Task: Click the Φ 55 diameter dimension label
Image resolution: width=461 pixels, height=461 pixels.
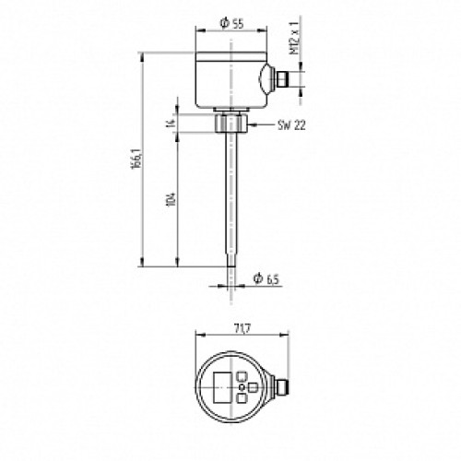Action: click(x=232, y=23)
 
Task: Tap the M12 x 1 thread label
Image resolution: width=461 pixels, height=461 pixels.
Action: click(x=294, y=39)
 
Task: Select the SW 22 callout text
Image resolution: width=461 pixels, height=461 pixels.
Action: click(x=291, y=125)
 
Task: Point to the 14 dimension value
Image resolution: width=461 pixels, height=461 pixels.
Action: click(x=171, y=124)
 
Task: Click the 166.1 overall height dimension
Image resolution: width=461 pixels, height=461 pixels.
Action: click(x=136, y=159)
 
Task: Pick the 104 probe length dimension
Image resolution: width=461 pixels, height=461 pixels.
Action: click(x=171, y=199)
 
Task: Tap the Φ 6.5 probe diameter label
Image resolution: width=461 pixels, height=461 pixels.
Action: click(x=266, y=278)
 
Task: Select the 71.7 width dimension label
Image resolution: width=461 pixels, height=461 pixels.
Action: click(x=242, y=329)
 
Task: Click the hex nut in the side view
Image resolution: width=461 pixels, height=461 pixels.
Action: click(x=230, y=123)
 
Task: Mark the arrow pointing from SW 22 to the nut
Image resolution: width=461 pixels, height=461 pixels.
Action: click(x=261, y=124)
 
